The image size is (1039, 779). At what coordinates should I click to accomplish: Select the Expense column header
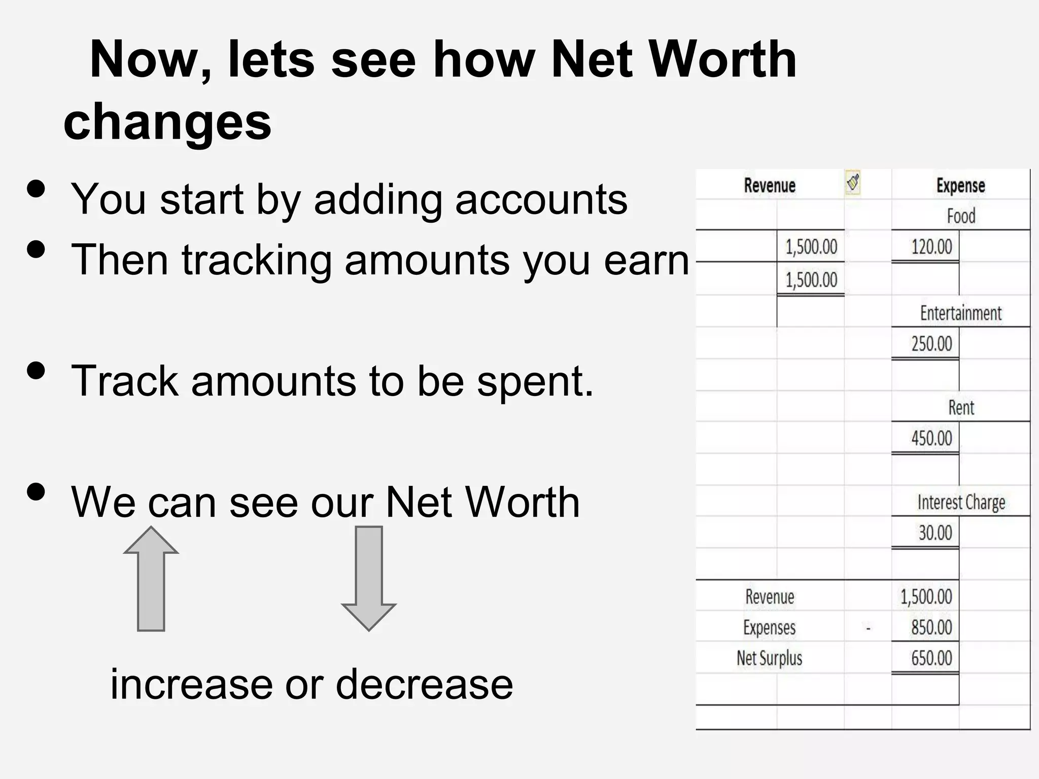click(x=960, y=186)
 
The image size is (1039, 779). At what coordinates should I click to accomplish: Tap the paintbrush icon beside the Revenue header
click(x=853, y=183)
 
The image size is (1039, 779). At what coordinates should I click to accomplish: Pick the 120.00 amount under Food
click(x=931, y=247)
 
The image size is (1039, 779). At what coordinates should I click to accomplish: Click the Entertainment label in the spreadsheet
click(x=960, y=313)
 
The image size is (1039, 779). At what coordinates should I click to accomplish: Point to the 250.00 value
click(x=931, y=344)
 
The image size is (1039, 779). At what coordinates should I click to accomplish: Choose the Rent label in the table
click(x=961, y=408)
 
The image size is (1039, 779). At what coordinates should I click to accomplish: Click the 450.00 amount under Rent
click(x=931, y=438)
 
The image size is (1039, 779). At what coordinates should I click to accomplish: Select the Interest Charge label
click(x=961, y=502)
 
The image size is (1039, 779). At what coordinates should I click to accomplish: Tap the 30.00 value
click(x=935, y=533)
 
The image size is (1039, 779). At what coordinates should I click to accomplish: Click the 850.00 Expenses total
click(x=931, y=627)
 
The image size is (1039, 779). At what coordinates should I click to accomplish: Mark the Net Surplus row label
click(x=769, y=658)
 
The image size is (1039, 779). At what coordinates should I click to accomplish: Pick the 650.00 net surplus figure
click(x=931, y=658)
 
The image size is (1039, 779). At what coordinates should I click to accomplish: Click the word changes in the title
click(x=167, y=122)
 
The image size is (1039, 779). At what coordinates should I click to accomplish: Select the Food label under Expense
click(x=961, y=217)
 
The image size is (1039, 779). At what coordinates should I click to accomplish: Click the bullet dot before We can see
click(x=36, y=491)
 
